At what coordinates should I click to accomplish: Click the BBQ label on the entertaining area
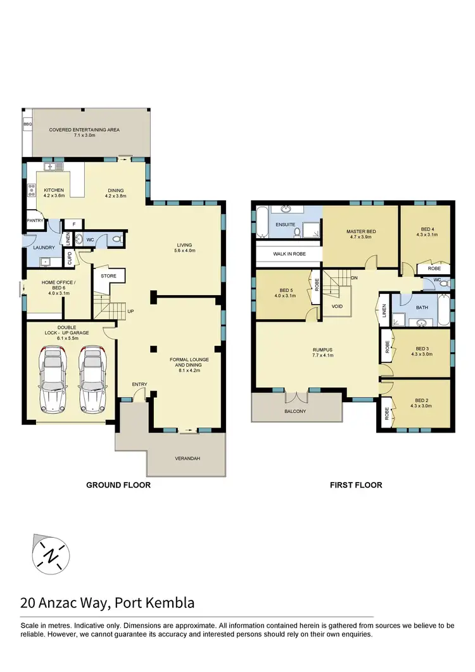point(27,124)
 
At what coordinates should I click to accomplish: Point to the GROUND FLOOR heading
point(118,486)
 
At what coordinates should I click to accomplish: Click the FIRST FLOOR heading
point(356,486)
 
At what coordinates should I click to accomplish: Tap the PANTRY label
point(35,220)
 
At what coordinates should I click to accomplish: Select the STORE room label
point(109,276)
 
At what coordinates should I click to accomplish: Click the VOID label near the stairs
point(337,306)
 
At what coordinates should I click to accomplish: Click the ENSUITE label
point(285,224)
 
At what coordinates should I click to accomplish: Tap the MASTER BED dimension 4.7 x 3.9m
point(361,239)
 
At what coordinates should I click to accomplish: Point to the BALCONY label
point(294,412)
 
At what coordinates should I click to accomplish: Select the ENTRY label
point(139,384)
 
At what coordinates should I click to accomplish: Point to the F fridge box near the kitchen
point(74,224)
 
